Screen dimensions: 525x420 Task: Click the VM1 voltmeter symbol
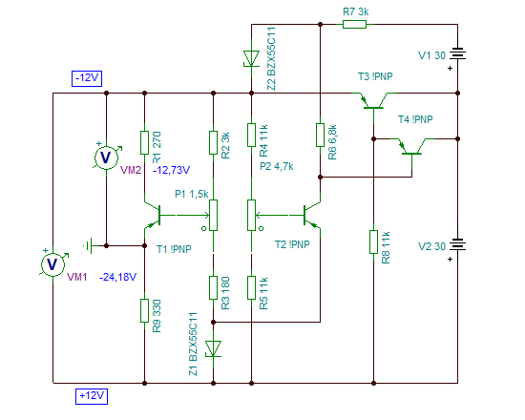(52, 264)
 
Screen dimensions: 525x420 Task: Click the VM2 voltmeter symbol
(106, 157)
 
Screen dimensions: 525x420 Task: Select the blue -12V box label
(87, 78)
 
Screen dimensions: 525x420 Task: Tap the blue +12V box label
(92, 396)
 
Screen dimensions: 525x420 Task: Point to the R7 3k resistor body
(354, 24)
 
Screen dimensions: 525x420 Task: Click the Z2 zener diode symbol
(251, 58)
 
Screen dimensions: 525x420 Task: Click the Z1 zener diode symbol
(213, 348)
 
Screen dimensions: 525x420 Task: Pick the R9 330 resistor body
(144, 311)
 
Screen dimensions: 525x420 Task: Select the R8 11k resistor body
(373, 241)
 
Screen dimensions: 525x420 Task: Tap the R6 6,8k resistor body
(320, 135)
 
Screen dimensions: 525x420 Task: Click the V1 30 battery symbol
(457, 53)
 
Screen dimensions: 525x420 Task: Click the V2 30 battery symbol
(457, 244)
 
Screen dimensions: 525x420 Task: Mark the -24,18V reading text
(117, 278)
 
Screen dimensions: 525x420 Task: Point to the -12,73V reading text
(172, 170)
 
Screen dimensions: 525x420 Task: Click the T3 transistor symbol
(373, 100)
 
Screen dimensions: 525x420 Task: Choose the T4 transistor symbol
(411, 146)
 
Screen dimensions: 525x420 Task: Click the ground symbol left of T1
(89, 246)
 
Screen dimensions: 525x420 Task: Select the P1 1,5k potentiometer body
(213, 216)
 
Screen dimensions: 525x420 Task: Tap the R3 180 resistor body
(213, 287)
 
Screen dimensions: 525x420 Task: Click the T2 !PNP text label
(292, 244)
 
